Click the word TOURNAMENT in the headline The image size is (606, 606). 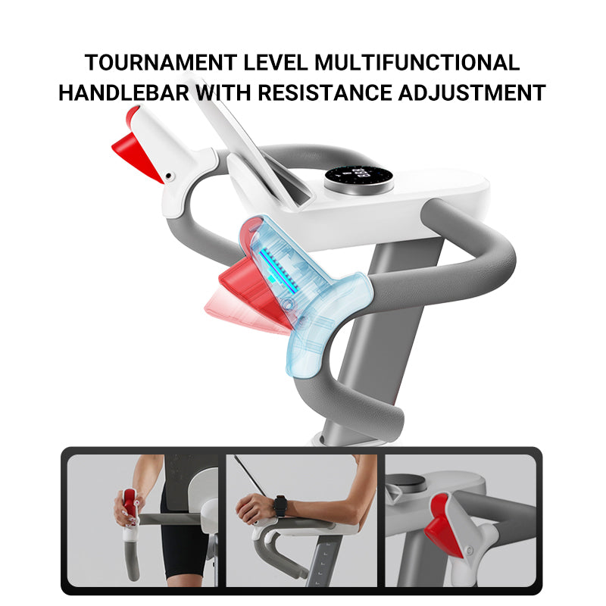tap(161, 63)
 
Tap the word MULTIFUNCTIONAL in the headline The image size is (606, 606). tap(417, 63)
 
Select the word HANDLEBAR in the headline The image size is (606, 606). tap(123, 92)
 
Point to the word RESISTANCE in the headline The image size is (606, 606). tap(325, 92)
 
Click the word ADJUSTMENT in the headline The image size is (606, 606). tap(472, 92)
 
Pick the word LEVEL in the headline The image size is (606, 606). tap(276, 63)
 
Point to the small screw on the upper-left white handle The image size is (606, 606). tap(168, 176)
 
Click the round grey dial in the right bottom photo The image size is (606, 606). tap(406, 483)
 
